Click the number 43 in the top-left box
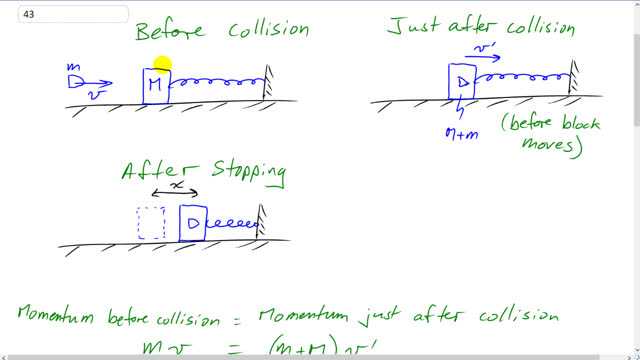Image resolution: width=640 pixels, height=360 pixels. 13,14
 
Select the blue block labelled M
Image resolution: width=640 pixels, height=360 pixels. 155,86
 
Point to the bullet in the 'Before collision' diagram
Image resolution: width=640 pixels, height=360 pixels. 76,80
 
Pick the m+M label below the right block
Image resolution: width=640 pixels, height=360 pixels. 461,133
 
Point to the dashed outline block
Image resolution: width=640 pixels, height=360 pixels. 151,223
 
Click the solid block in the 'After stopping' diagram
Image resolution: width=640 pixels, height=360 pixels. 192,223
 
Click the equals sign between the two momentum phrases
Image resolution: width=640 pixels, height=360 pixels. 241,318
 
